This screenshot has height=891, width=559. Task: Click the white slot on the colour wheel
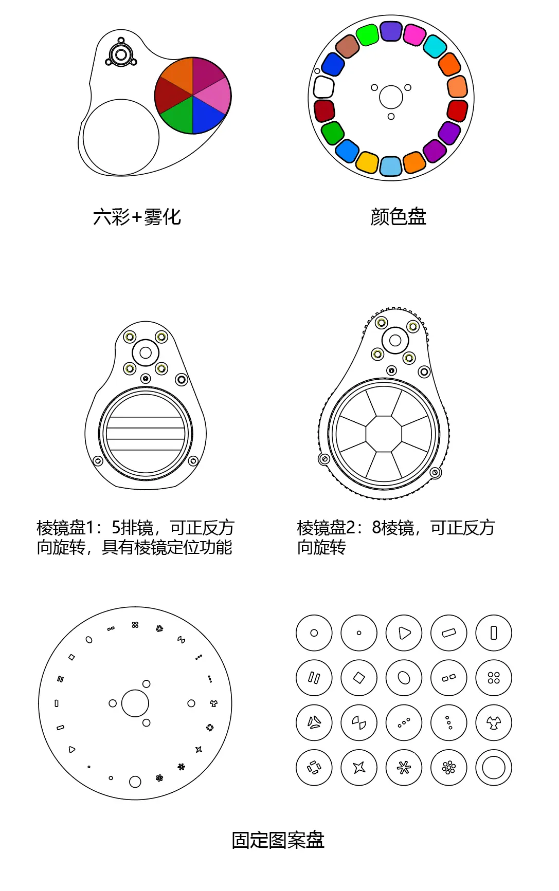[x=324, y=87]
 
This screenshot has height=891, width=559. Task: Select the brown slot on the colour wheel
[x=347, y=46]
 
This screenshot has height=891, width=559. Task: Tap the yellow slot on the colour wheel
[x=367, y=162]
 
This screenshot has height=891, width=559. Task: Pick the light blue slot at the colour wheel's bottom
[x=391, y=166]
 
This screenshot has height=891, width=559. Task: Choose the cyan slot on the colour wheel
[x=435, y=46]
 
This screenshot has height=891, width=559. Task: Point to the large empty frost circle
[x=121, y=137]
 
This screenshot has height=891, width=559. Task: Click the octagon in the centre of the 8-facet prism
[x=384, y=434]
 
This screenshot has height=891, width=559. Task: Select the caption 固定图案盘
[x=278, y=840]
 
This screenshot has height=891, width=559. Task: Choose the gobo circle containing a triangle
[x=404, y=633]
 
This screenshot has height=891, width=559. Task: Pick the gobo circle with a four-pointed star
[x=359, y=768]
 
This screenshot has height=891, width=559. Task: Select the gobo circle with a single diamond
[x=359, y=678]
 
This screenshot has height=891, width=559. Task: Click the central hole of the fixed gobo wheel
[x=135, y=703]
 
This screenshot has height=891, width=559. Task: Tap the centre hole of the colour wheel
[x=391, y=97]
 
